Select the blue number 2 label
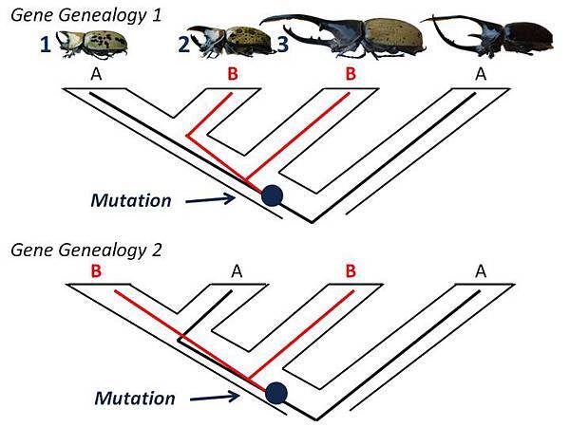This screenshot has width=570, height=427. click(183, 43)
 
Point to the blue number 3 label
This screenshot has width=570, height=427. click(284, 43)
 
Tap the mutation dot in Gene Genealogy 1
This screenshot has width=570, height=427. click(273, 195)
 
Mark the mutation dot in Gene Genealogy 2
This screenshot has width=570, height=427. click(276, 391)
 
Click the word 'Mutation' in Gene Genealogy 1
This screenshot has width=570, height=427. click(131, 200)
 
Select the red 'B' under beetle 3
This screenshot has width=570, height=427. click(350, 72)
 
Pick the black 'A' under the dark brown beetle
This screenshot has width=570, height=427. click(481, 72)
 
